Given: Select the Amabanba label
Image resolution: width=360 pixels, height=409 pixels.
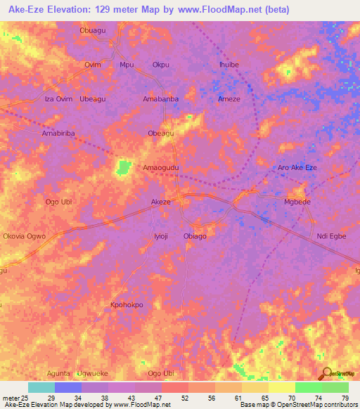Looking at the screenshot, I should (160, 99).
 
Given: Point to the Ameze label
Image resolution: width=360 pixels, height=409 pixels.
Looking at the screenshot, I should (229, 99).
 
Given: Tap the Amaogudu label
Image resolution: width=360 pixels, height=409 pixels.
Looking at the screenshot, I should (160, 168).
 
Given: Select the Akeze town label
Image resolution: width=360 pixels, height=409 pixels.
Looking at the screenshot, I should (161, 202).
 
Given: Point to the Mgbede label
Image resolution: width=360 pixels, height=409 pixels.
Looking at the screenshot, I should (296, 202).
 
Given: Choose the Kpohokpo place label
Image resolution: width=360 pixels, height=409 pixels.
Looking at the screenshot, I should (127, 305).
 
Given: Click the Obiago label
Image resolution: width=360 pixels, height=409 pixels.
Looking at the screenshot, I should (195, 236).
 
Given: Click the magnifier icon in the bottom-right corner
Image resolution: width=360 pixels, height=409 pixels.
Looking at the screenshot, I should (326, 373).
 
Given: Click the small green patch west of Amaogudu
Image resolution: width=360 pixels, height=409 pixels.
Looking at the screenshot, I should (124, 167).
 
